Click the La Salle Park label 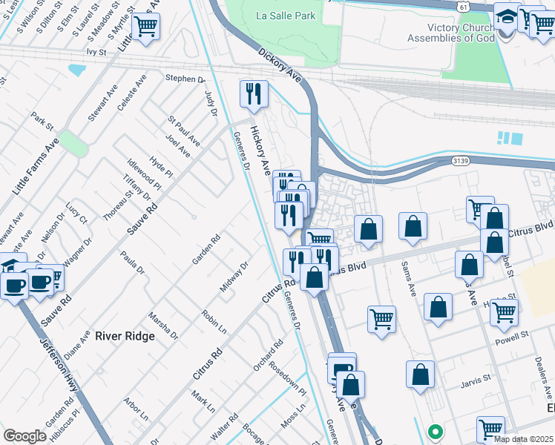coord(286,16)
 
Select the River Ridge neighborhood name coord(125,336)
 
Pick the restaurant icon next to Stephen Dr coord(254,93)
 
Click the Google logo coord(24,436)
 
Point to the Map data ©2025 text coord(523,439)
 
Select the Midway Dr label coord(233,277)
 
